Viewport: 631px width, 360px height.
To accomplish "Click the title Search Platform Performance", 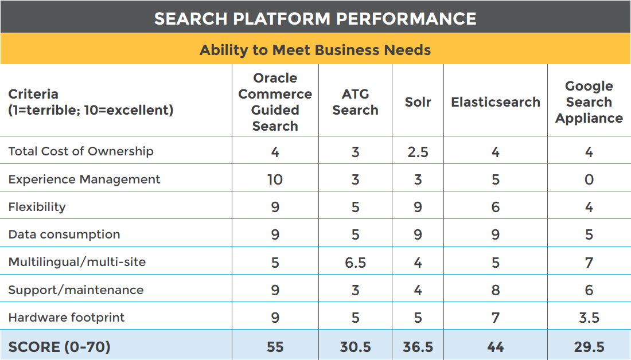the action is click(315, 18).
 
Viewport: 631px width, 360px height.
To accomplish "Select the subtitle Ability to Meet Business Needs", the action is click(315, 50).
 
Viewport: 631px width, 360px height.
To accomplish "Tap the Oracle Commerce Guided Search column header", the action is click(275, 102).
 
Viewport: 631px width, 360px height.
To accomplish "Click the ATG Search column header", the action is click(355, 102).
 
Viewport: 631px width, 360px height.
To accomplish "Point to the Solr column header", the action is click(418, 102).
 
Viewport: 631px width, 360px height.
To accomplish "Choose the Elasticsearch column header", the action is click(496, 102).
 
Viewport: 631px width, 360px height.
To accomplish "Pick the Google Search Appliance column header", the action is click(589, 102).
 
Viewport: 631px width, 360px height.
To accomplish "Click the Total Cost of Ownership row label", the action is click(81, 151).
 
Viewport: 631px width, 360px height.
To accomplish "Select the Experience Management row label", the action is click(84, 179).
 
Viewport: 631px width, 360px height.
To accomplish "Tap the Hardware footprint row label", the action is click(67, 318).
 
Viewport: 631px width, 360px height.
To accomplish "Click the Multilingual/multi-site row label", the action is click(77, 262).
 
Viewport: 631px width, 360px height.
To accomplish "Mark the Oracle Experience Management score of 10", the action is click(275, 179).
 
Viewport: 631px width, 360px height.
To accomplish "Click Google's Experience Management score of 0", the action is click(589, 179).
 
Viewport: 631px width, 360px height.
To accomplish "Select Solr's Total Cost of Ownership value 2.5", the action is click(418, 152).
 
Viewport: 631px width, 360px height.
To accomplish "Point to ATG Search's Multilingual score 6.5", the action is click(355, 263).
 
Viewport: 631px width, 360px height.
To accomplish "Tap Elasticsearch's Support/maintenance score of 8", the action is click(496, 290).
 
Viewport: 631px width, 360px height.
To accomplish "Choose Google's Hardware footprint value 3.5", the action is click(589, 318).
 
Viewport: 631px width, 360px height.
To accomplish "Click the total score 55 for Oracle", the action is click(275, 347).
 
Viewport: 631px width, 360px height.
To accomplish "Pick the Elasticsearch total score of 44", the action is click(496, 347).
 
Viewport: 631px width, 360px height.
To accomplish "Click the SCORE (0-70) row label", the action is click(59, 347).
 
